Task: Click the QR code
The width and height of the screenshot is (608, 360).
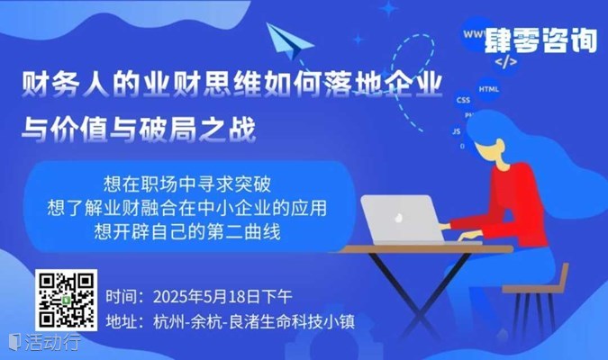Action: click(67, 301)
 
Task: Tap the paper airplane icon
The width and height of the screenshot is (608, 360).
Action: click(289, 40)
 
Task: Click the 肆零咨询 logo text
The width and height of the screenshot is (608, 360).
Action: click(540, 40)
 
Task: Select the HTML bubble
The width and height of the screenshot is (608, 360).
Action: click(488, 89)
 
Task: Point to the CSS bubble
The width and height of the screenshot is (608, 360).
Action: click(463, 100)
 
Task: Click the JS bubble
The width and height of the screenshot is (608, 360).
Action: click(457, 131)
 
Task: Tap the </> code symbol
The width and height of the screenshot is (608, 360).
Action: click(506, 61)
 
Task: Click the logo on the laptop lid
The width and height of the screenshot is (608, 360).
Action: click(398, 218)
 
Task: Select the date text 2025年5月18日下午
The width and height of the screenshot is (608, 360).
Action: click(222, 297)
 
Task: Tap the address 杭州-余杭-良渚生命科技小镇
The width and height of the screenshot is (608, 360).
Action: click(254, 321)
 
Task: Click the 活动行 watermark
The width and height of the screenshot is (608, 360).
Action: click(45, 342)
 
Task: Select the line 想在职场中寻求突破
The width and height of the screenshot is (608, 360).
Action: click(186, 184)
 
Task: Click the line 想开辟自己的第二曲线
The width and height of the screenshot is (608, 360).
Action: click(186, 231)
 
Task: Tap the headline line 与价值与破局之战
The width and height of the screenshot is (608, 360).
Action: click(139, 129)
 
